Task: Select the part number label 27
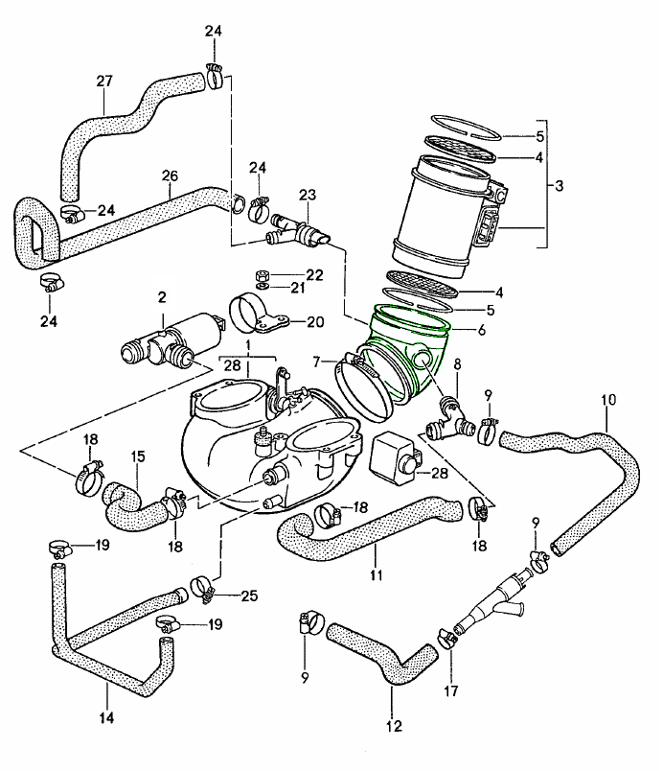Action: point(104,82)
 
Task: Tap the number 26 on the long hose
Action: point(170,175)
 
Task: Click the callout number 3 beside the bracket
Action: point(559,186)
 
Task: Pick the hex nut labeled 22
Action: point(262,274)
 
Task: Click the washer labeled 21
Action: point(262,286)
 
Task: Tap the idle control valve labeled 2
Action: point(171,339)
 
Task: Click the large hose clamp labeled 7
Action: point(366,388)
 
